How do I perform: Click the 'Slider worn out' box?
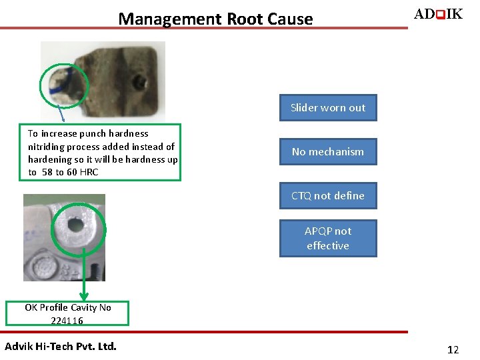[328, 108]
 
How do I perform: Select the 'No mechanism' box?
[328, 152]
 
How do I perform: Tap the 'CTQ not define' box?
[328, 196]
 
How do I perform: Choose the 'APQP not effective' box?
[328, 238]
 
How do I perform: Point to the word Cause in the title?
[290, 19]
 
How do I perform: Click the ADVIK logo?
[438, 14]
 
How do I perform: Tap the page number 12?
[453, 349]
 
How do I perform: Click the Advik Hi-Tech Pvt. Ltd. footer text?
[61, 346]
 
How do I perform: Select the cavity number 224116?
[67, 321]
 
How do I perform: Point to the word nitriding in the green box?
[47, 147]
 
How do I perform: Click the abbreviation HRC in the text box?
[89, 172]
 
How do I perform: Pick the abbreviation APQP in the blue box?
[319, 231]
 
